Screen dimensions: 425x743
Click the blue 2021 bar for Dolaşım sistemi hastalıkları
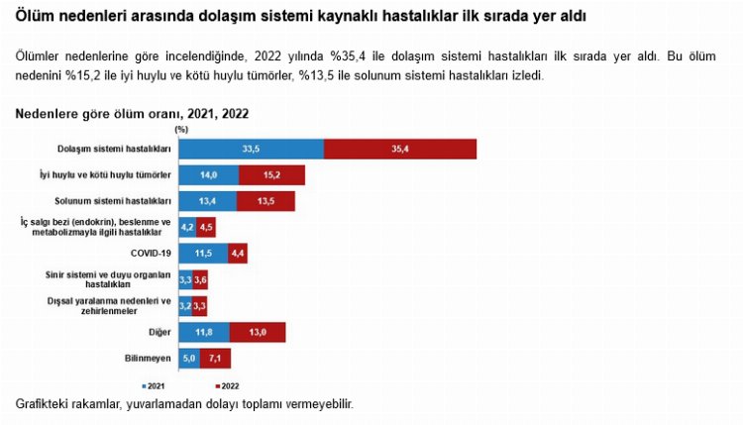click(251, 149)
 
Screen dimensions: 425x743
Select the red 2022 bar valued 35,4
click(400, 149)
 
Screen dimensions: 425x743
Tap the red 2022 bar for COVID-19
click(238, 254)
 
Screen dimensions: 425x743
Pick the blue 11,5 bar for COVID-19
click(203, 254)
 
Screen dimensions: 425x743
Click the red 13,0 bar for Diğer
click(258, 332)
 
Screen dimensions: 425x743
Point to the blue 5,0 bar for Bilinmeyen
click(189, 358)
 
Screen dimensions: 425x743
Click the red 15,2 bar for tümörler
click(271, 175)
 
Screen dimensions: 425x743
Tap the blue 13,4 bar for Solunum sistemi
click(207, 201)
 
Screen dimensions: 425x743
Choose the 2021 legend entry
click(154, 385)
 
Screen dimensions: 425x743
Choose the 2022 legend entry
click(227, 385)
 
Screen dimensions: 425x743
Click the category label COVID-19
click(152, 254)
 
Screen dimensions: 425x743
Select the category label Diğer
click(159, 332)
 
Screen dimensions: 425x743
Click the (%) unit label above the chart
click(180, 129)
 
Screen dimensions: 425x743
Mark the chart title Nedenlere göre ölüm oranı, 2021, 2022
click(132, 114)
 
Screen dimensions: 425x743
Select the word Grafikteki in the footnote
click(46, 404)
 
